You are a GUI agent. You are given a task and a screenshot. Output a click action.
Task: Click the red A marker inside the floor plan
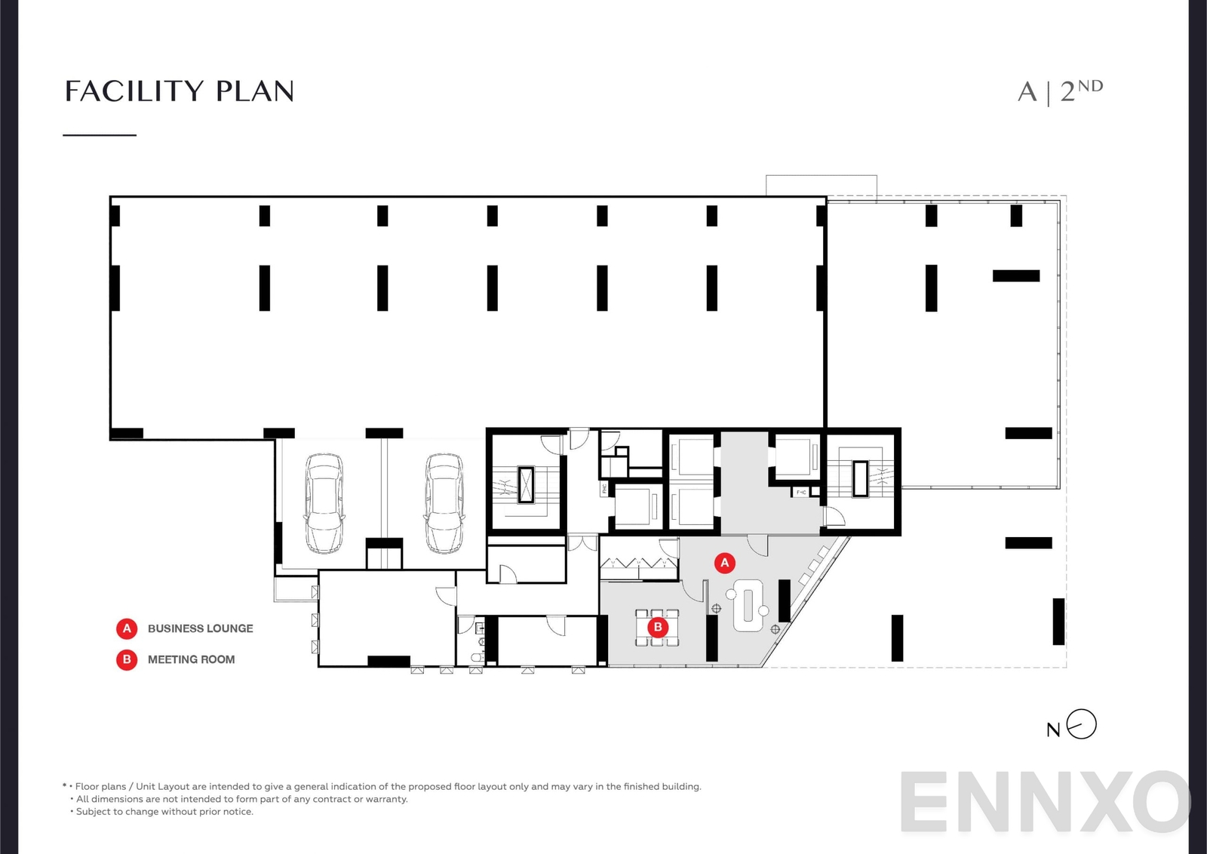coord(724,562)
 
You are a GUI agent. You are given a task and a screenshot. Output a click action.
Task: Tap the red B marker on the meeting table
coord(658,627)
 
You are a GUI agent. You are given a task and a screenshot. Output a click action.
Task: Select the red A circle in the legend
coord(127,628)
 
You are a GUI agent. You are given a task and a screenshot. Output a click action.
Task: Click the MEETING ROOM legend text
coord(191,659)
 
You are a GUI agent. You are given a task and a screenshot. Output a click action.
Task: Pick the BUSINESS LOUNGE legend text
coord(200,628)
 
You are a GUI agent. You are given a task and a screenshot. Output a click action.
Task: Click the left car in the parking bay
coord(324,503)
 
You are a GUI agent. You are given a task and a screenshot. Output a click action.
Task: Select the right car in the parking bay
coord(444,503)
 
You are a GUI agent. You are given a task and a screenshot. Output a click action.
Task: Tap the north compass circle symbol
coord(1082,724)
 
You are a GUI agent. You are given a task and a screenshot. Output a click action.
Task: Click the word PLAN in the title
coord(255,91)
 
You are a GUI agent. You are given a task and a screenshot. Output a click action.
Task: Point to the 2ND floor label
coord(1081,90)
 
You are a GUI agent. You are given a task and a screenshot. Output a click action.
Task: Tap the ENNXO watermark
coord(1045,802)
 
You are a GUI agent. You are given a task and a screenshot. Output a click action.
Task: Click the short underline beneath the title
coord(100,135)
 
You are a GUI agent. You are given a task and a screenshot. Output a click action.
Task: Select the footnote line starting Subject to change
coord(164,812)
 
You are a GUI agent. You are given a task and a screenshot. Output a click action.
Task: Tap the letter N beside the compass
coord(1053,730)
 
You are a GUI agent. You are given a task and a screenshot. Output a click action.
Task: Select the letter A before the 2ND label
coord(1027,92)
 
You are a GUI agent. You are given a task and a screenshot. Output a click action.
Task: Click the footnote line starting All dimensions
coord(241,799)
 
